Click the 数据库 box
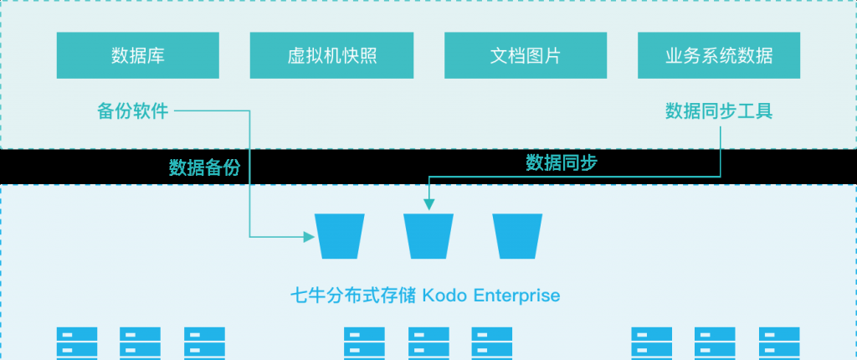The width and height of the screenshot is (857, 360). (x=138, y=56)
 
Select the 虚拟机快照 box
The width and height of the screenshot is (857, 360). (x=331, y=56)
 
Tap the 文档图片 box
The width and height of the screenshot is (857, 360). (x=525, y=56)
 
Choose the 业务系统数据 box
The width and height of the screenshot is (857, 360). (x=718, y=56)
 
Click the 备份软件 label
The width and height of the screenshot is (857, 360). (x=132, y=111)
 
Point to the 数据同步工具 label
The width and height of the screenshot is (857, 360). (x=718, y=111)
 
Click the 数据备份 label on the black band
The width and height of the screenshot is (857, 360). (x=204, y=167)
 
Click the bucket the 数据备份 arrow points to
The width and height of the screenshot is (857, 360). (x=340, y=235)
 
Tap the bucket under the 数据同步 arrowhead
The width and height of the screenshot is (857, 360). (x=428, y=235)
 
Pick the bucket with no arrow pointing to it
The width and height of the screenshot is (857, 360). (x=517, y=235)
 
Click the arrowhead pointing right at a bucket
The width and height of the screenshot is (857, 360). (x=307, y=236)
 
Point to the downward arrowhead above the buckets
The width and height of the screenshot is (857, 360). (x=428, y=203)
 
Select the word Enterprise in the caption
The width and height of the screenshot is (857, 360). (x=516, y=296)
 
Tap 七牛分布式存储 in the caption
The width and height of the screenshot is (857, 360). (x=352, y=296)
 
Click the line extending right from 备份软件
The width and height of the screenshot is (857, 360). (x=213, y=111)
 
